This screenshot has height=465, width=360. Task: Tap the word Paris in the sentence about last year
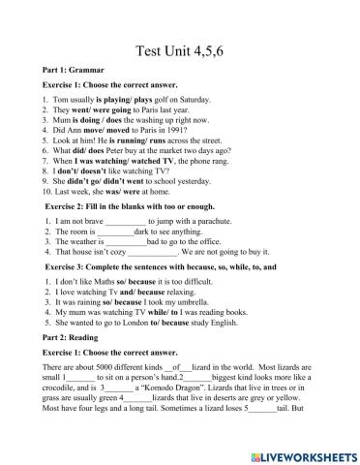coord(146,109)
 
